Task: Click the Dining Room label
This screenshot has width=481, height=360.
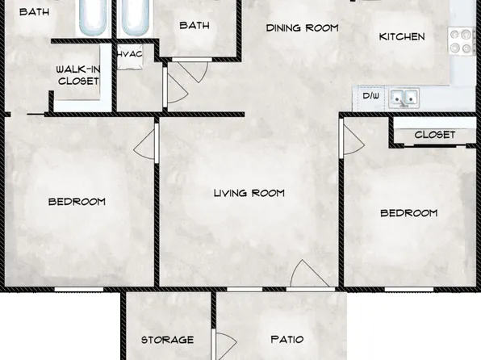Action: pyautogui.click(x=303, y=27)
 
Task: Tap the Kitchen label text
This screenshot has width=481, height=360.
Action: pyautogui.click(x=402, y=36)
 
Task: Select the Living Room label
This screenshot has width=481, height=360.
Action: pyautogui.click(x=249, y=193)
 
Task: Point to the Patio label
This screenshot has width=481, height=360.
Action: pyautogui.click(x=287, y=340)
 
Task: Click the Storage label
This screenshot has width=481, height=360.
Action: pyautogui.click(x=167, y=340)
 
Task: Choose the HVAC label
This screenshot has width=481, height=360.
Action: pyautogui.click(x=130, y=54)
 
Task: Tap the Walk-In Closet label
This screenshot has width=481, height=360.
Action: pyautogui.click(x=77, y=75)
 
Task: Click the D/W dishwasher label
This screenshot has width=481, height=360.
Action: pyautogui.click(x=370, y=96)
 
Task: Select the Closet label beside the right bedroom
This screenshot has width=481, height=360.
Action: pyautogui.click(x=435, y=135)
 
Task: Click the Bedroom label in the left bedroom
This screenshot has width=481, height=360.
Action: pyautogui.click(x=77, y=201)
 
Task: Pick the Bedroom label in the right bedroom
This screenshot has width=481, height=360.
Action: pyautogui.click(x=409, y=213)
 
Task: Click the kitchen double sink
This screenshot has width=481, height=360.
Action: pyautogui.click(x=404, y=98)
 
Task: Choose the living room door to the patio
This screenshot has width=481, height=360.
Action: pyautogui.click(x=310, y=275)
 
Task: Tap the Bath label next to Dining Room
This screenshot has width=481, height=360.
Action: pyautogui.click(x=194, y=25)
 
